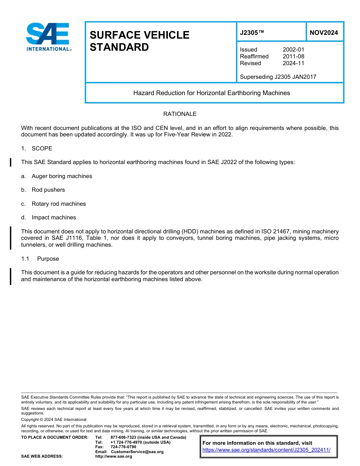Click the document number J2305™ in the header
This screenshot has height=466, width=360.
tap(252, 33)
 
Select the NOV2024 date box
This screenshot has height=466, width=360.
tap(324, 33)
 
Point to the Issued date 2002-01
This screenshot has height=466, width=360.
tap(293, 50)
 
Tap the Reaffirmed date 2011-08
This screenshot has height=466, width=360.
tap(293, 56)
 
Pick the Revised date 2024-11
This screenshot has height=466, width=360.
tap(293, 63)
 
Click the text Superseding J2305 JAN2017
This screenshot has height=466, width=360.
tap(278, 77)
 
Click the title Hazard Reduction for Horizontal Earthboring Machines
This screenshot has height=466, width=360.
tap(211, 93)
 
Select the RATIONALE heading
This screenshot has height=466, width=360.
tap(180, 114)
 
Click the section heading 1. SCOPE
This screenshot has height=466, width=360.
tap(37, 149)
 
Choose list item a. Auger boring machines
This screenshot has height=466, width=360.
tap(57, 176)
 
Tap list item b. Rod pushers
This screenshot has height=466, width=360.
tap(43, 190)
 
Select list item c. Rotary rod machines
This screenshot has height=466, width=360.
tap(53, 204)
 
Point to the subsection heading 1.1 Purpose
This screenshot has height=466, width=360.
tap(40, 259)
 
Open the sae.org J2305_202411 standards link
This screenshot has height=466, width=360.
tap(266, 450)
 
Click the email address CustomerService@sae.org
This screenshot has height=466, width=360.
tap(137, 452)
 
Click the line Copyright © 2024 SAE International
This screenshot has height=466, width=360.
tap(54, 419)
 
